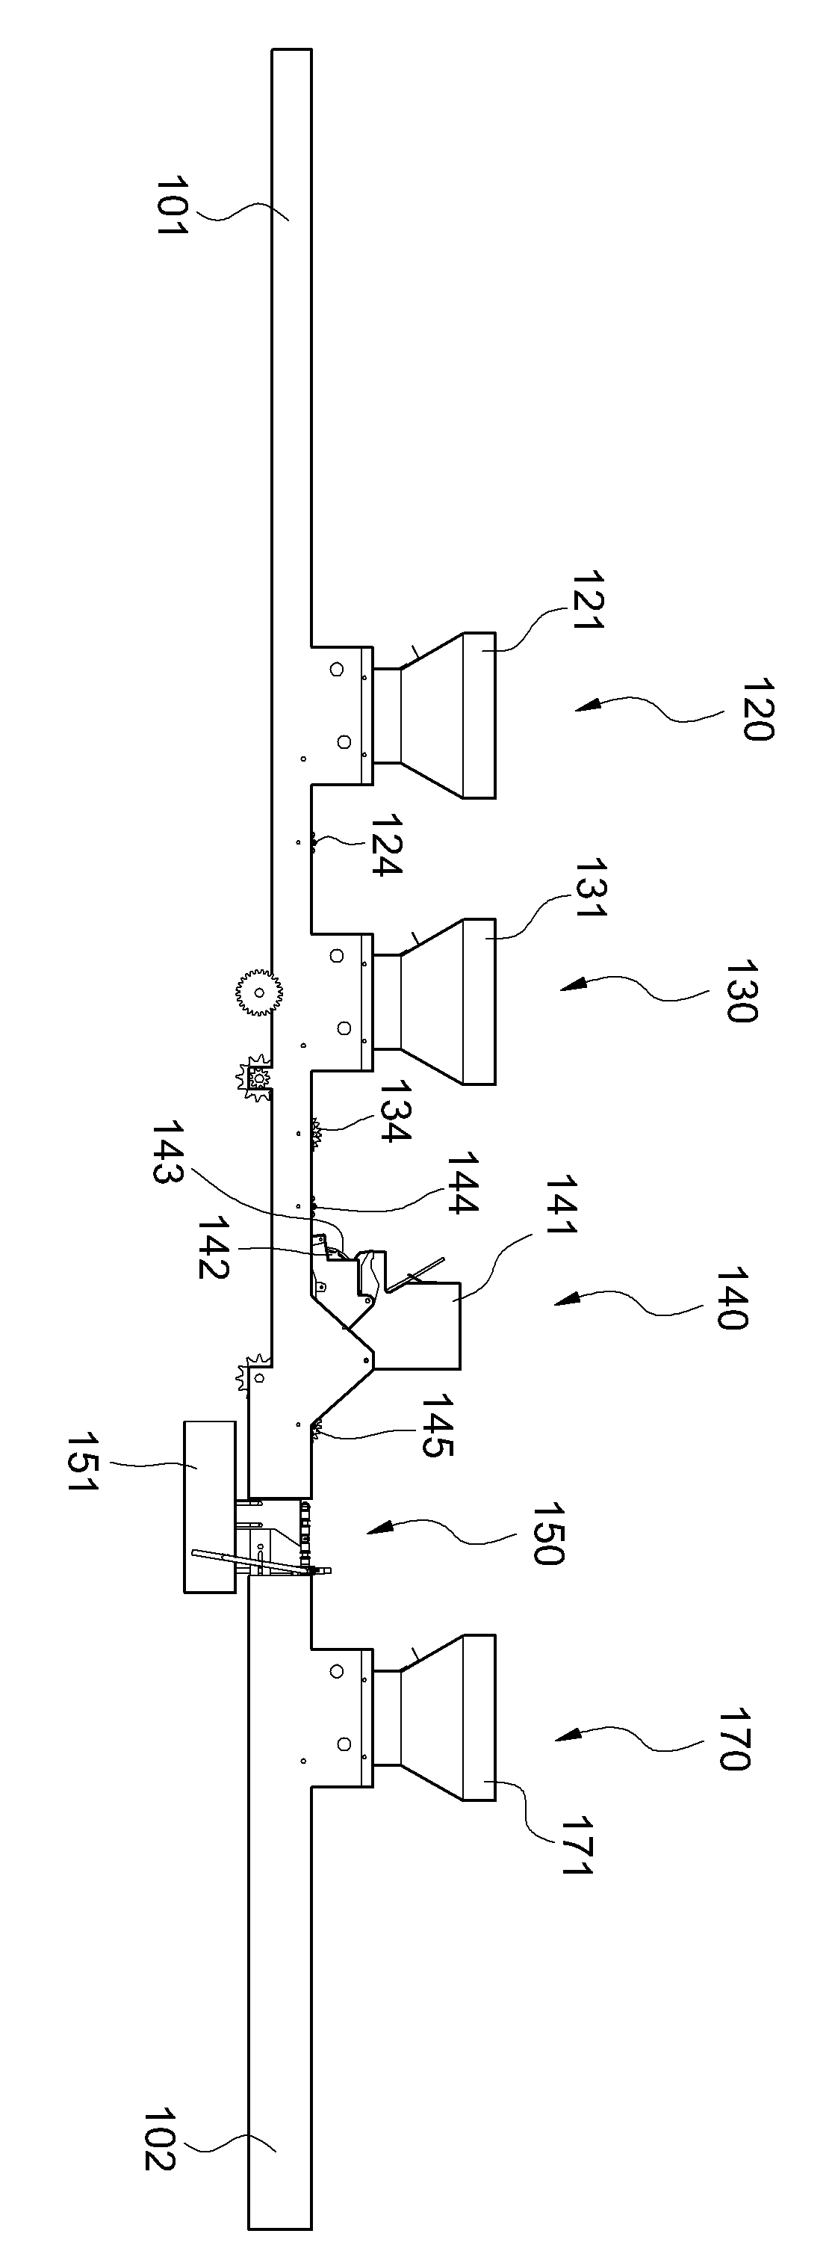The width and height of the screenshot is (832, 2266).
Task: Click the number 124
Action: (385, 845)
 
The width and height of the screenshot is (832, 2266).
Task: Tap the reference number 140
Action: (731, 1298)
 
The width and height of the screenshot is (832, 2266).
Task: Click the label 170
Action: (733, 1738)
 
